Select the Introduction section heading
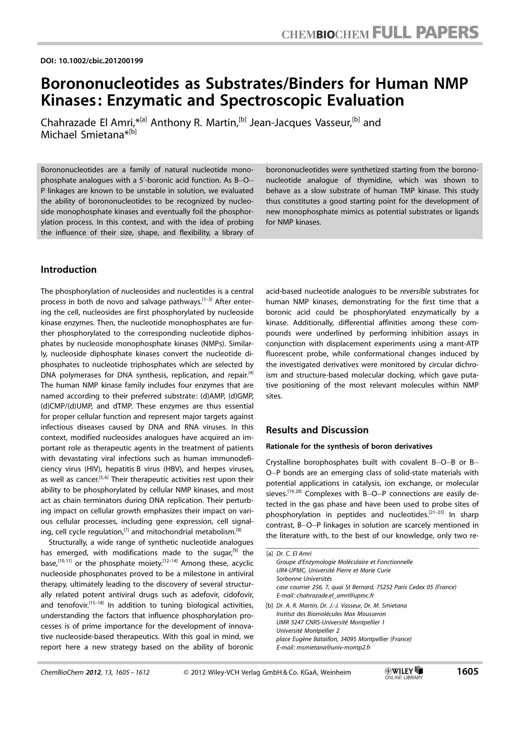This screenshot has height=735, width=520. click(68, 269)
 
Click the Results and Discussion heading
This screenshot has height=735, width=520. click(317, 430)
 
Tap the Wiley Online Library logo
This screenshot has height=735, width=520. click(404, 673)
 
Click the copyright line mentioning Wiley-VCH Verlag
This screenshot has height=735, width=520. click(267, 673)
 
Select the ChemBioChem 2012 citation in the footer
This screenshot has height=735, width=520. click(95, 673)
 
